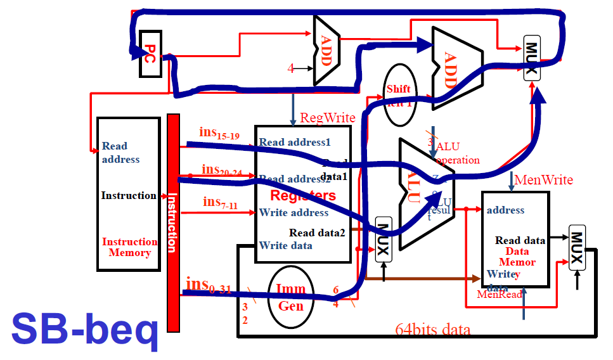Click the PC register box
click(150, 53)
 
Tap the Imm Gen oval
click(291, 297)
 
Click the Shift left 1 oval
click(399, 94)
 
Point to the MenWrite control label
click(543, 180)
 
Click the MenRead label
click(500, 294)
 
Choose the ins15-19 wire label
click(219, 133)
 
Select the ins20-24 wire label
click(222, 170)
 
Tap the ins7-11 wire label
click(220, 202)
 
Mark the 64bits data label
click(433, 330)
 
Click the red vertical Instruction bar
click(172, 222)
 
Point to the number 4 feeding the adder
click(290, 68)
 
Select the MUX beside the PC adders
click(531, 57)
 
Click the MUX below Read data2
click(383, 239)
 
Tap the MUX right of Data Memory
click(577, 247)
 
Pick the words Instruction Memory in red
click(129, 247)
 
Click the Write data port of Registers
click(285, 245)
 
